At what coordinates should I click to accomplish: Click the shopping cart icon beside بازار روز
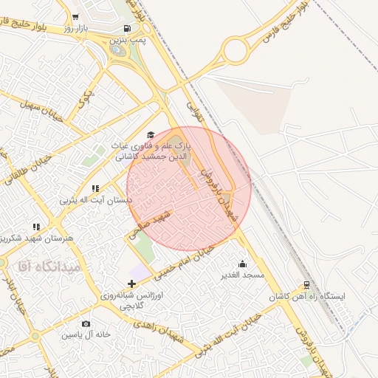point(75,16)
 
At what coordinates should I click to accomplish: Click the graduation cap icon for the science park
point(151,135)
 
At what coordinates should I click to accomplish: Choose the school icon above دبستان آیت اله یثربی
point(95,189)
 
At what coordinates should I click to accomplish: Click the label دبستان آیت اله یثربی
point(95,200)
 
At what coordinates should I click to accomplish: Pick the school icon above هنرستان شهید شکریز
point(36,227)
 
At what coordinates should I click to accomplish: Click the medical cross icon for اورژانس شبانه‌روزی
point(131,283)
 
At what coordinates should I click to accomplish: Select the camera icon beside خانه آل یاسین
point(86,324)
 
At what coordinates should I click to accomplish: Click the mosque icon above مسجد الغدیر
point(243,264)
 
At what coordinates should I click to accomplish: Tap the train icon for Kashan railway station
point(307,285)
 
